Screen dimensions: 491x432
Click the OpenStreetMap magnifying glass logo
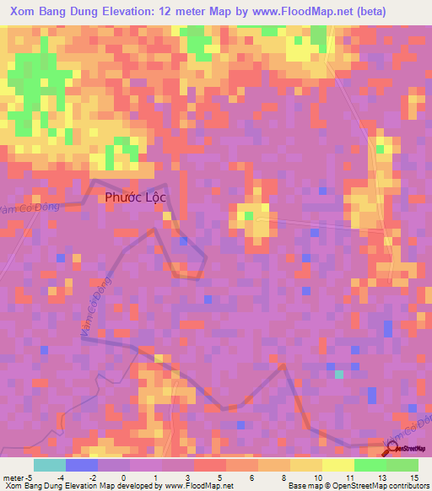(x=391, y=449)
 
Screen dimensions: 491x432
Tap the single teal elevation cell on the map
(x=339, y=375)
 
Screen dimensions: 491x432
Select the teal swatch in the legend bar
(x=50, y=465)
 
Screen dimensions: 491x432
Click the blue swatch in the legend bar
(x=82, y=465)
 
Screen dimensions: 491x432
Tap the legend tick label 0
(x=123, y=477)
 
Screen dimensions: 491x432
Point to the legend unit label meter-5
(x=18, y=477)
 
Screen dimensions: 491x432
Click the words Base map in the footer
(x=303, y=486)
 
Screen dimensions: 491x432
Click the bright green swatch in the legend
(x=370, y=465)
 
